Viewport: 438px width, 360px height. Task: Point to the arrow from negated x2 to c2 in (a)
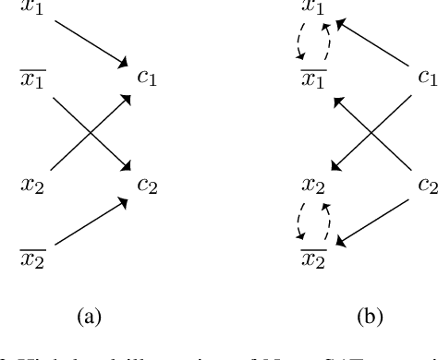90,221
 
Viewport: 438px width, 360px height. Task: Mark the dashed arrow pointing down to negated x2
298,219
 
